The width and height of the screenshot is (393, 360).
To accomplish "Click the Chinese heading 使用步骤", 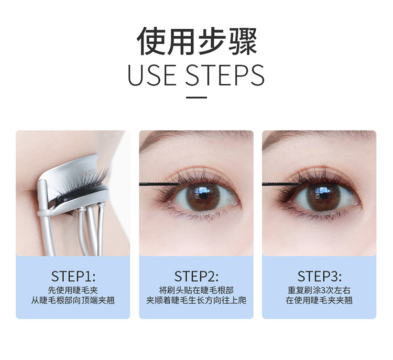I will click(196, 41).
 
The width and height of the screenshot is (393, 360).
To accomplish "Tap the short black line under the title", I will click(196, 97).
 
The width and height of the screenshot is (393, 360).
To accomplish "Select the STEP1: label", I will click(73, 276).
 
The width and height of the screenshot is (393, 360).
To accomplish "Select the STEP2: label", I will click(196, 276).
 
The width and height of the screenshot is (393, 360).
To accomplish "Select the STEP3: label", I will click(319, 276).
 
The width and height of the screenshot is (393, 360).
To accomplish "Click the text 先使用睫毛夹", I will click(73, 290).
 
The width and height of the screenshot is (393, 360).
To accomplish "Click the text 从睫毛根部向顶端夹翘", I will click(73, 300).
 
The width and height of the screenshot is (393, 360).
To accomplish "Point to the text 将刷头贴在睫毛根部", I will click(196, 290).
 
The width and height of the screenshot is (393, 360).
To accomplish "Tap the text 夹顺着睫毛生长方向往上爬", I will click(196, 300).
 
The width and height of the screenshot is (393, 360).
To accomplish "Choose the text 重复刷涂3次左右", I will click(319, 290).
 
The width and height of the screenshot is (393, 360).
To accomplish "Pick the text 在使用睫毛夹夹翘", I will click(319, 300).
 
